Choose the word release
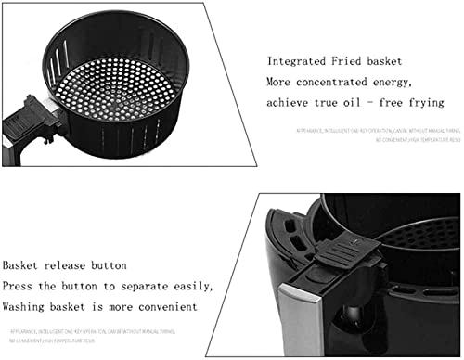tap(80, 264)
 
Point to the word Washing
tap(27, 306)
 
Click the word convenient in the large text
tap(163, 306)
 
